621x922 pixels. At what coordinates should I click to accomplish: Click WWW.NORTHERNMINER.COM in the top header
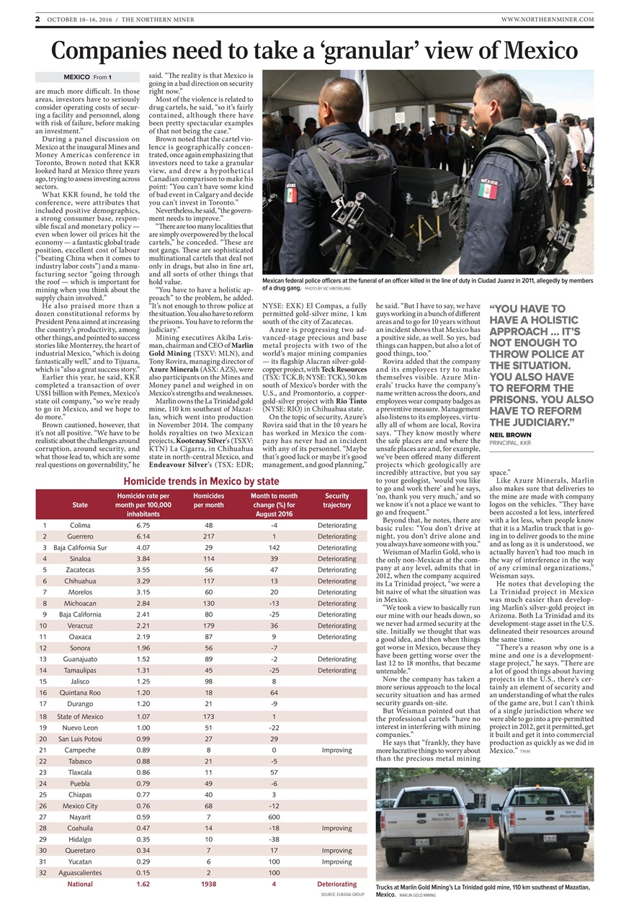pyautogui.click(x=547, y=19)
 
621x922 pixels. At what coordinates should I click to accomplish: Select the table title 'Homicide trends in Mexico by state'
pyautogui.click(x=201, y=481)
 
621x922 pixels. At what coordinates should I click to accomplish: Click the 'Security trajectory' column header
pyautogui.click(x=336, y=501)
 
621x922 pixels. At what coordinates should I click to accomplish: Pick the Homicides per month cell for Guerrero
pyautogui.click(x=208, y=537)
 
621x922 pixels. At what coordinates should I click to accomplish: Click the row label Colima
pyautogui.click(x=80, y=525)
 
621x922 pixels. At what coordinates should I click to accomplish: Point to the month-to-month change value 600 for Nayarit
pyautogui.click(x=274, y=817)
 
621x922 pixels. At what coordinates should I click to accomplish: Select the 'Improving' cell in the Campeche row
pyautogui.click(x=336, y=750)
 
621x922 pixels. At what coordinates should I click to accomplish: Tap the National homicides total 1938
pyautogui.click(x=208, y=884)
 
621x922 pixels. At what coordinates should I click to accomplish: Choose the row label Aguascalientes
pyautogui.click(x=80, y=872)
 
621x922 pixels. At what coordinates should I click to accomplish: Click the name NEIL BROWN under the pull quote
pyautogui.click(x=510, y=435)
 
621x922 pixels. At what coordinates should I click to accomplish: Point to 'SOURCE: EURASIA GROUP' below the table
pyautogui.click(x=342, y=894)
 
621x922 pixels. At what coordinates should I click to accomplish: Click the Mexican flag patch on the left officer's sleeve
pyautogui.click(x=292, y=194)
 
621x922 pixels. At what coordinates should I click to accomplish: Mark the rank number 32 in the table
pyautogui.click(x=44, y=872)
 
